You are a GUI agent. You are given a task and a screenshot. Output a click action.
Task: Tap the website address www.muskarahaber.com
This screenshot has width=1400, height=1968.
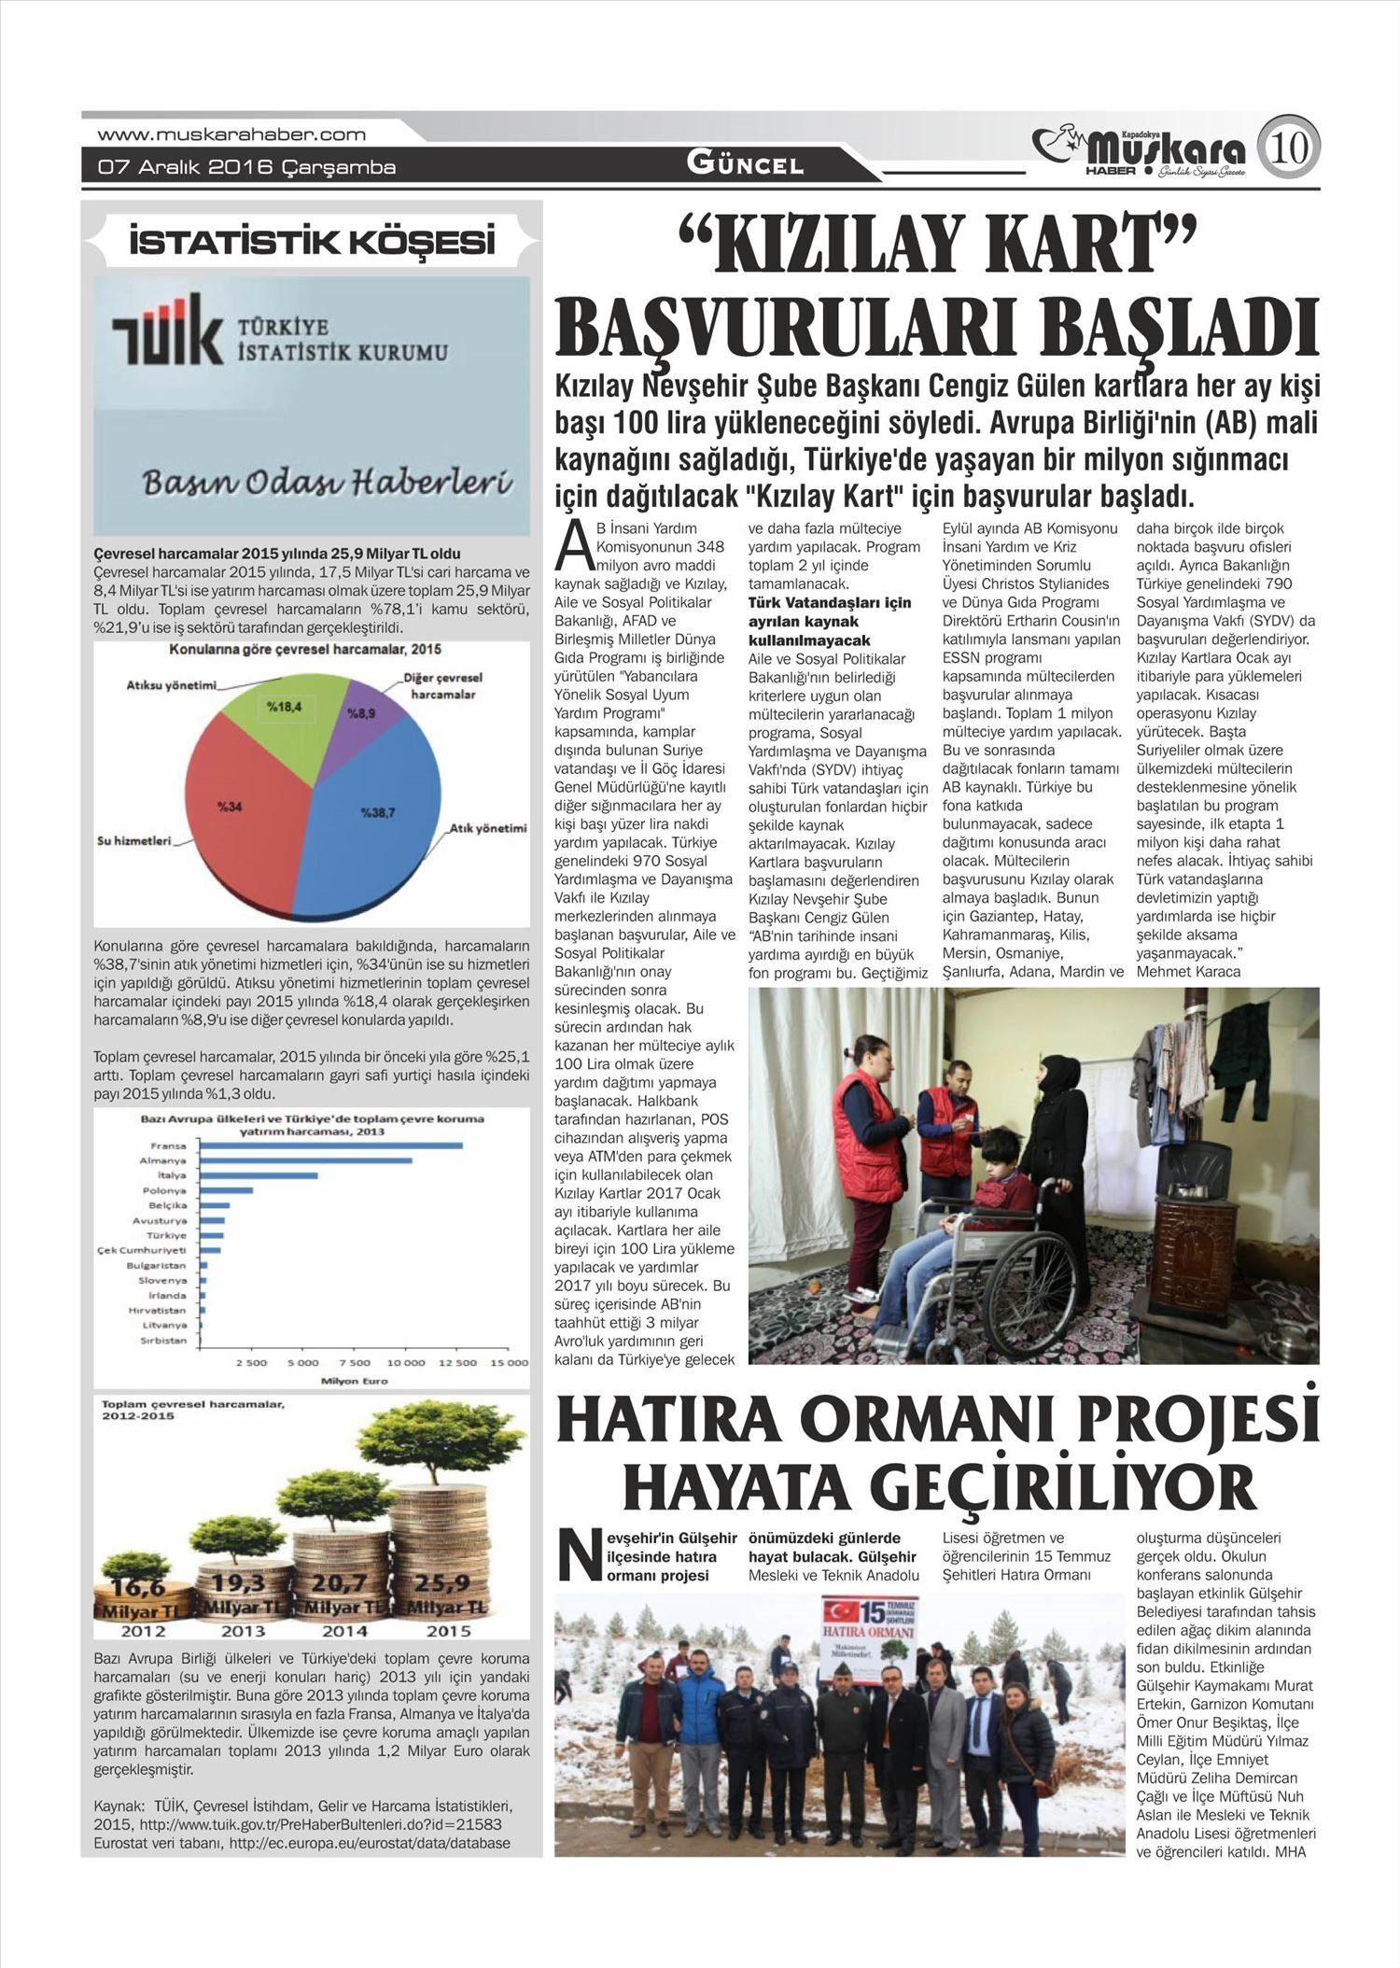coord(231,134)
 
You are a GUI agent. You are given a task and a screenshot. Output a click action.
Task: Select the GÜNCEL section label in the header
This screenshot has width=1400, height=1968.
coord(745,164)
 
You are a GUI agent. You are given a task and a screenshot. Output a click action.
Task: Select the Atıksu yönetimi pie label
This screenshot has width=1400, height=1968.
coord(171,685)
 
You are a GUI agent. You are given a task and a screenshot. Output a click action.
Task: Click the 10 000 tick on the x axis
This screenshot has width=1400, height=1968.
coord(406,1363)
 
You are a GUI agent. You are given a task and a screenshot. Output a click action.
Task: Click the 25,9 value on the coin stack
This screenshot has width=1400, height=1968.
coord(443,1583)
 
